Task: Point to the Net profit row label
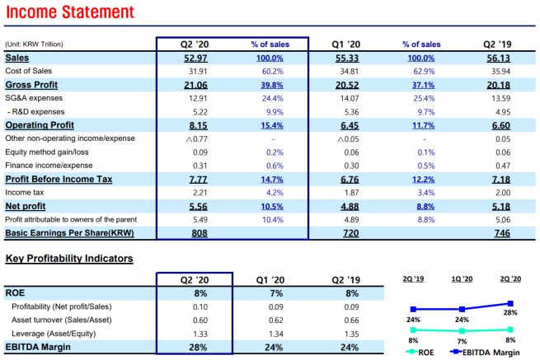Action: click(x=26, y=206)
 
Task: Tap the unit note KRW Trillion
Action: click(x=34, y=44)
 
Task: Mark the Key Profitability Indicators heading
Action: click(x=69, y=259)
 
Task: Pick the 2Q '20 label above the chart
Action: click(x=510, y=278)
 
